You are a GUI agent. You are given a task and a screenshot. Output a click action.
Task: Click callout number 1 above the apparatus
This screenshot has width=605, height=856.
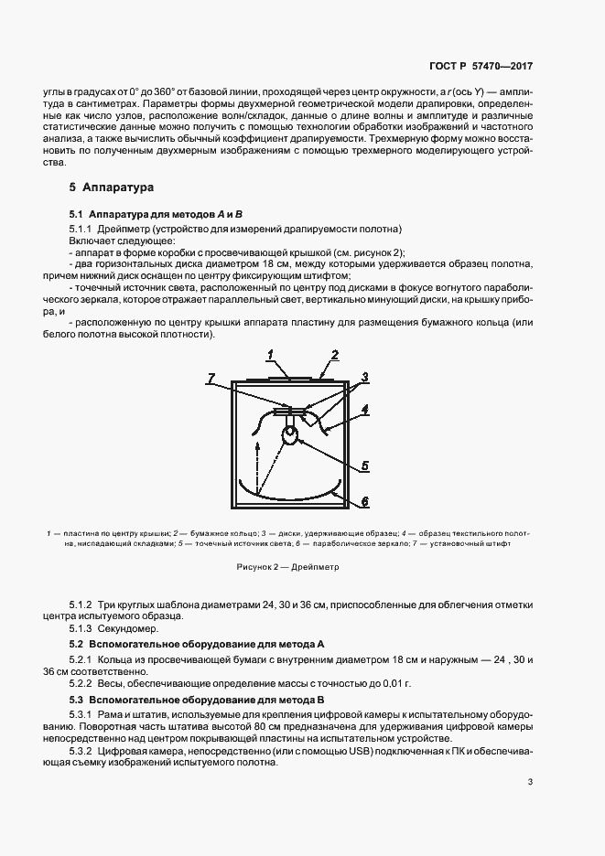click(x=272, y=353)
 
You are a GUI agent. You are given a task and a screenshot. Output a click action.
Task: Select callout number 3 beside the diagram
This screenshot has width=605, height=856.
click(x=364, y=376)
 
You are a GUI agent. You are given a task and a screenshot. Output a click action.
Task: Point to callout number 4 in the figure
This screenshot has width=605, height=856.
click(x=363, y=410)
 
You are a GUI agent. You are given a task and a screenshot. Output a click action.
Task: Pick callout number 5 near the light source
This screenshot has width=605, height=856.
click(x=363, y=465)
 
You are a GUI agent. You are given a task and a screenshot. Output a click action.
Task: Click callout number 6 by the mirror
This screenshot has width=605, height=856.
click(x=363, y=501)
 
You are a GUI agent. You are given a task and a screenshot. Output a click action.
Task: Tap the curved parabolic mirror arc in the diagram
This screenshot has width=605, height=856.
click(x=288, y=495)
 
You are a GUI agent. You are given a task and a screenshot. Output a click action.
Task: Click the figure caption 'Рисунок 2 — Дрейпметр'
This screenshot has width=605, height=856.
click(x=287, y=567)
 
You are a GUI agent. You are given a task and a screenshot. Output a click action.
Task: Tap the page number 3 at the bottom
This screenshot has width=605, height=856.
click(x=531, y=781)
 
